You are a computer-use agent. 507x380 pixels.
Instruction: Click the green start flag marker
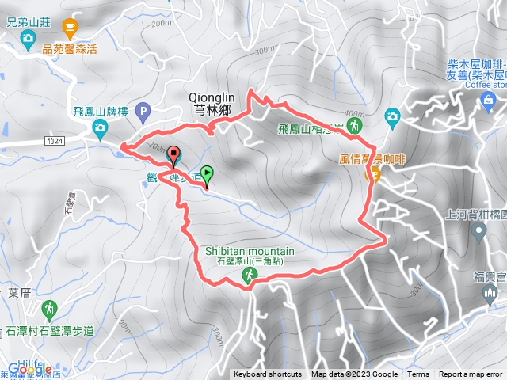pyautogui.click(x=207, y=173)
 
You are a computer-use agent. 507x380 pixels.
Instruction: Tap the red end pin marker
pyautogui.click(x=174, y=154)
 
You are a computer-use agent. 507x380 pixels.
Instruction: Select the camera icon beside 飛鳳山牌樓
pyautogui.click(x=101, y=127)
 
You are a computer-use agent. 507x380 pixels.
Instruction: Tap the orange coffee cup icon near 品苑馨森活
pyautogui.click(x=69, y=28)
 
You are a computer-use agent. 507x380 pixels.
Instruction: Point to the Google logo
pyautogui.click(x=30, y=369)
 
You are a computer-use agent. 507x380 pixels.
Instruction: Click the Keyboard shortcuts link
pyautogui.click(x=267, y=374)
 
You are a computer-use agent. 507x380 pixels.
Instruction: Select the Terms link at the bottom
pyautogui.click(x=418, y=374)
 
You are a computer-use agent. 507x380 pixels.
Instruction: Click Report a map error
pyautogui.click(x=472, y=374)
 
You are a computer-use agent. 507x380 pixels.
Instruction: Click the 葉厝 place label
pyautogui.click(x=19, y=292)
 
